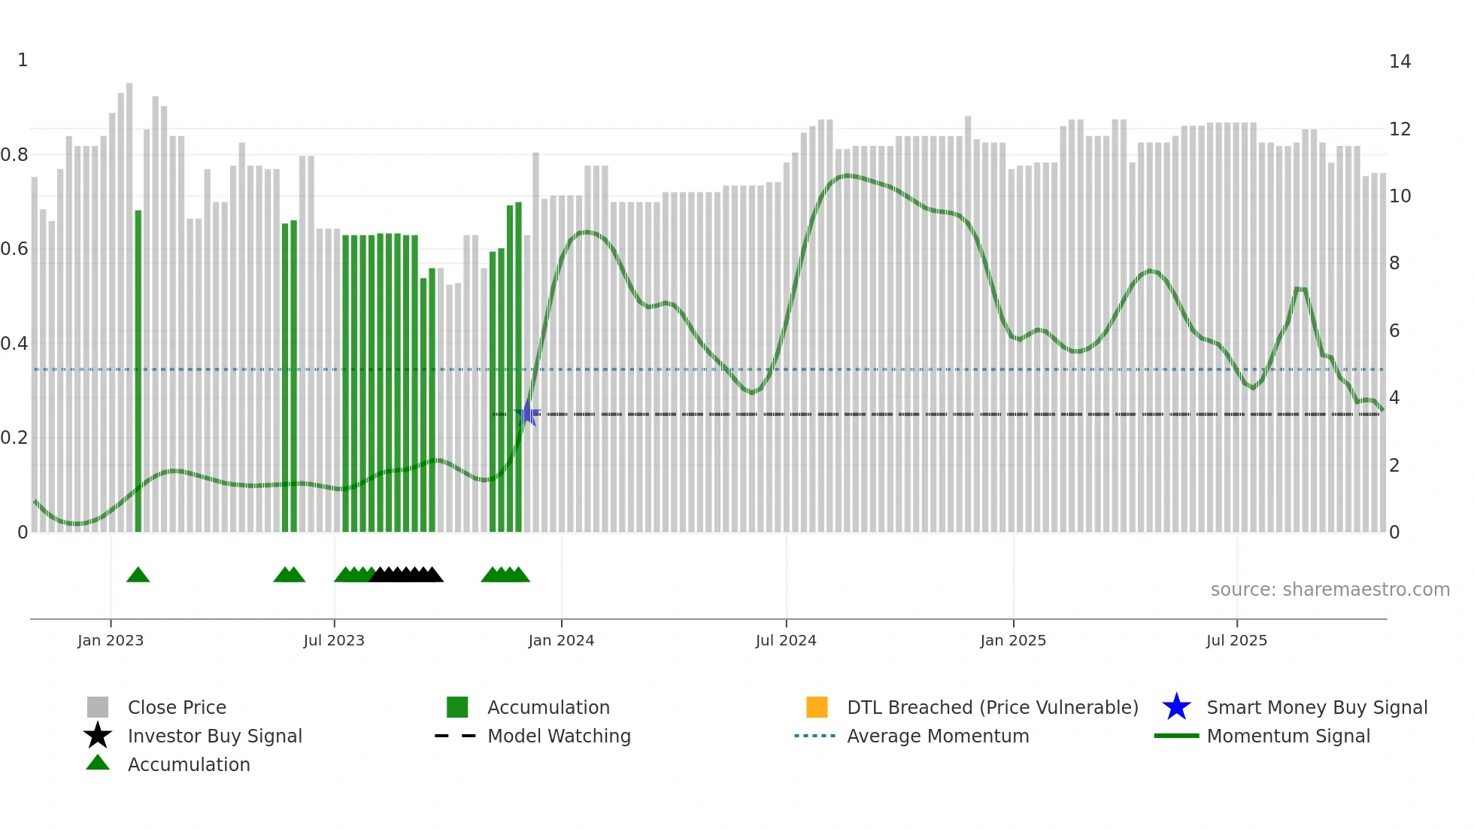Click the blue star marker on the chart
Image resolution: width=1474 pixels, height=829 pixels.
click(x=527, y=414)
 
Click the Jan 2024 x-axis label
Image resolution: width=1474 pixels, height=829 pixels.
click(x=561, y=640)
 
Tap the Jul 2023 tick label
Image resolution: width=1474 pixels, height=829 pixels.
click(x=334, y=640)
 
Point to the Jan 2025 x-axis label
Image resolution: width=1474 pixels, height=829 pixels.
click(x=1013, y=640)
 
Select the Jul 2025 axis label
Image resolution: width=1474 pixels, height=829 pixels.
click(x=1236, y=640)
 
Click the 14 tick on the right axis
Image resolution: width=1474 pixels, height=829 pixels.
click(x=1400, y=62)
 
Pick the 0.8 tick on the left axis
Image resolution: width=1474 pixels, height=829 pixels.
click(x=15, y=155)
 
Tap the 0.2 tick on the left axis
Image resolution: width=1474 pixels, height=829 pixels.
click(x=15, y=438)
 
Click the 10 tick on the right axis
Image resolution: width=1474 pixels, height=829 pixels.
click(x=1400, y=196)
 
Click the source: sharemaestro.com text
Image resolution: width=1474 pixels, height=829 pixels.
click(x=1330, y=590)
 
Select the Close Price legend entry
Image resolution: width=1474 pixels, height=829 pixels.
click(x=177, y=708)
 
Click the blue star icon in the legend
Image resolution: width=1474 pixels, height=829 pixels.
click(x=1176, y=707)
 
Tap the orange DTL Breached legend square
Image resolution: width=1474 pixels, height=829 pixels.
click(x=817, y=707)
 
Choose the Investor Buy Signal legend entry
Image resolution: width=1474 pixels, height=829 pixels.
click(x=214, y=736)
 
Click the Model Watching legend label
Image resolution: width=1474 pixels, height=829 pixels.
click(x=559, y=736)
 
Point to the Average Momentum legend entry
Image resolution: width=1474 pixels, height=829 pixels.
click(x=938, y=736)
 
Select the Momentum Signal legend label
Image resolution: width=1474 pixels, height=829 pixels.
click(x=1288, y=736)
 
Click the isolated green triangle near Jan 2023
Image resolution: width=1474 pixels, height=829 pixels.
click(x=138, y=575)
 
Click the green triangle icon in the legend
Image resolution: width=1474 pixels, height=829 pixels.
click(x=98, y=763)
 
